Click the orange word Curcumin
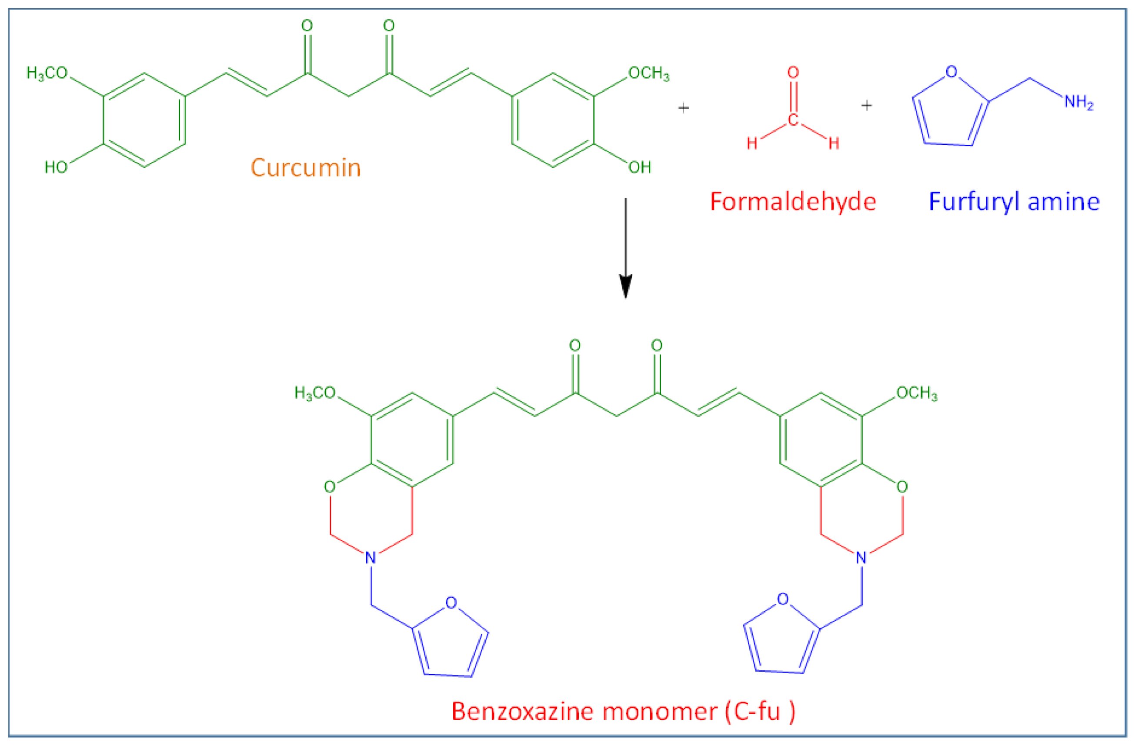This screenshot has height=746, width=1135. [306, 168]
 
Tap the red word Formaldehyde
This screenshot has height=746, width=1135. [793, 202]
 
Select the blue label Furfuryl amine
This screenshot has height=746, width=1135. [1014, 202]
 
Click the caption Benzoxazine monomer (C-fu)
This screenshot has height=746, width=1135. [623, 712]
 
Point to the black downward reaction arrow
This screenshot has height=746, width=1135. [625, 248]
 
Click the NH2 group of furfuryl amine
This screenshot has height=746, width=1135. [1079, 102]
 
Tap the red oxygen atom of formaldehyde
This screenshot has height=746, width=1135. [793, 73]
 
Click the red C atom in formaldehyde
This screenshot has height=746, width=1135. [793, 119]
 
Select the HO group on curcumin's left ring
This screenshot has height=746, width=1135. [56, 167]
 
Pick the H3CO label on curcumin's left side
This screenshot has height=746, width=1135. [47, 73]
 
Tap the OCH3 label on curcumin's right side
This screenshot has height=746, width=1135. [648, 73]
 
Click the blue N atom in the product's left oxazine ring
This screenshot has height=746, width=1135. [371, 557]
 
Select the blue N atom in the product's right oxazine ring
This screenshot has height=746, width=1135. [861, 557]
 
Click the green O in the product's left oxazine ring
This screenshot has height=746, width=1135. [330, 487]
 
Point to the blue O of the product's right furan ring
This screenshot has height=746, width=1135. [783, 599]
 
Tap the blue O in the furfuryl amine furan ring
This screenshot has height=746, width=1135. [951, 71]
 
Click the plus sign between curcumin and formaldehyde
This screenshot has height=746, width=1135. [683, 108]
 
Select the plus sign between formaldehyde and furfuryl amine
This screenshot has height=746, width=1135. [867, 105]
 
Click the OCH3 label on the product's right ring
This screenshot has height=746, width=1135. [916, 393]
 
